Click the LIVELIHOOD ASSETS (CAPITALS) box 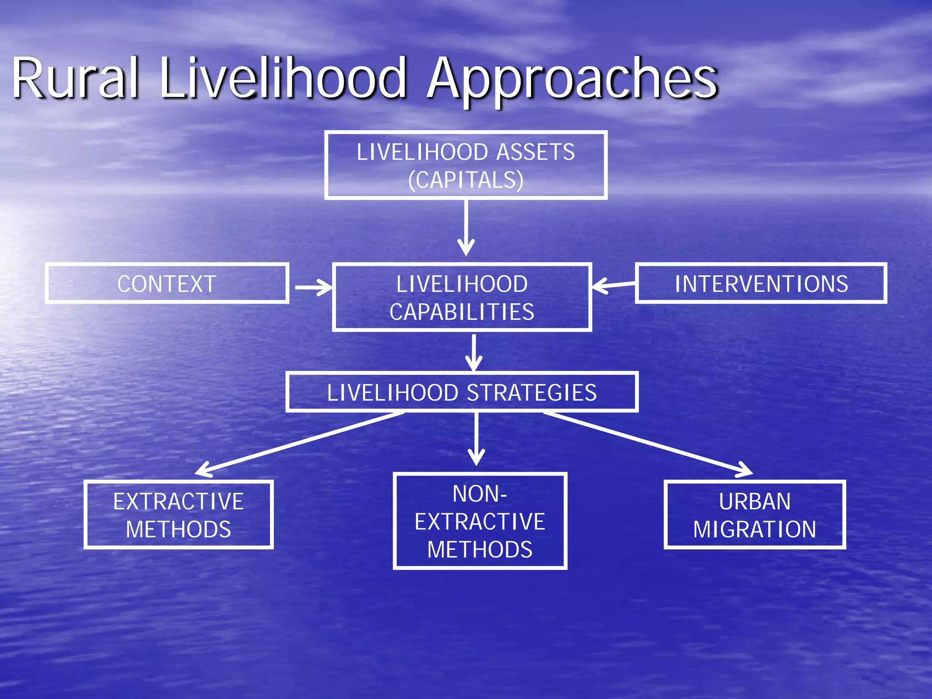point(466,165)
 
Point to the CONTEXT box point(167,283)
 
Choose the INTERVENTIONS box point(761,283)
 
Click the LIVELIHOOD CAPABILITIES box point(462,297)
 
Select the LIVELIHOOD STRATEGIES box point(462,392)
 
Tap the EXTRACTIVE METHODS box point(178,515)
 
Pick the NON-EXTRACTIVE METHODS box point(480,521)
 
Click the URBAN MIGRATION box point(755,515)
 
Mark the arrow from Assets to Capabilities point(466,228)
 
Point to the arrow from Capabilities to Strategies point(474,353)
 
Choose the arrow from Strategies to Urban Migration point(646,443)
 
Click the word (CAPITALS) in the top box point(466,180)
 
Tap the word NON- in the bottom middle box point(480,494)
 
